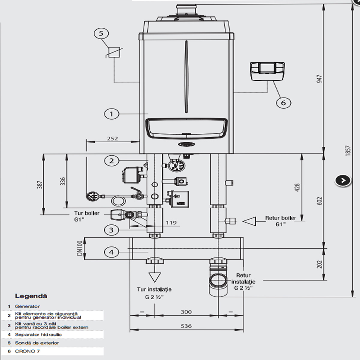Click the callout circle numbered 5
point(101,33)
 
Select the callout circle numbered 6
point(283,103)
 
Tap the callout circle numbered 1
point(112,114)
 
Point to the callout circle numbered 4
point(112,252)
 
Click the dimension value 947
point(320,79)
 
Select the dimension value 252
point(112,139)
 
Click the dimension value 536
point(186,326)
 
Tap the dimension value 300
point(186,312)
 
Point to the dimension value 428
point(297,188)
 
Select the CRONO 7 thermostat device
point(267,71)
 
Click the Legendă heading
point(31,296)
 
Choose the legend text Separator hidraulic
point(38,334)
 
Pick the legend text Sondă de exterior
point(37,343)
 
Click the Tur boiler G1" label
point(87,216)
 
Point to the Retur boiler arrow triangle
point(249,222)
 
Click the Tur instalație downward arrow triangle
point(155,277)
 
